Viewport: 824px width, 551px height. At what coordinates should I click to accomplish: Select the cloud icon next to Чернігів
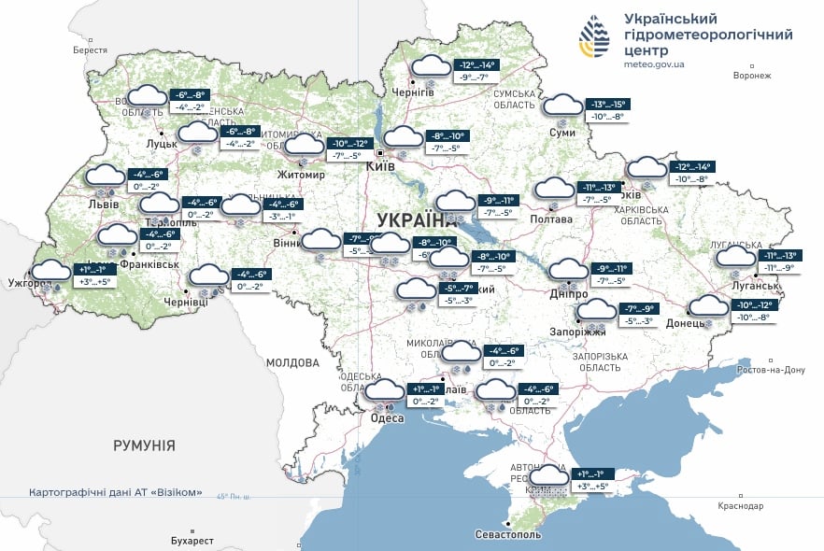tap(431, 67)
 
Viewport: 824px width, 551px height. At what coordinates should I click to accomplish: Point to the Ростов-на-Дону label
tap(770, 370)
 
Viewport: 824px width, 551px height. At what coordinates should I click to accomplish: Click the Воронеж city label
tap(752, 75)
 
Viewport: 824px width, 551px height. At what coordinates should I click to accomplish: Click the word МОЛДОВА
tap(293, 362)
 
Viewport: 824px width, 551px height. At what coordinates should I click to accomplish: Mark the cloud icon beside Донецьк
tap(708, 306)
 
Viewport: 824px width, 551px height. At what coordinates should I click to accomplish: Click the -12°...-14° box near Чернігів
tap(476, 64)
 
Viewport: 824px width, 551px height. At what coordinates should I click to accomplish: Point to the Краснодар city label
tap(742, 505)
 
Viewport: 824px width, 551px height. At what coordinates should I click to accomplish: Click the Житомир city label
tap(301, 175)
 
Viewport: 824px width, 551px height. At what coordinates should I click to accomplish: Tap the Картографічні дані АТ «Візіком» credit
tap(116, 491)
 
